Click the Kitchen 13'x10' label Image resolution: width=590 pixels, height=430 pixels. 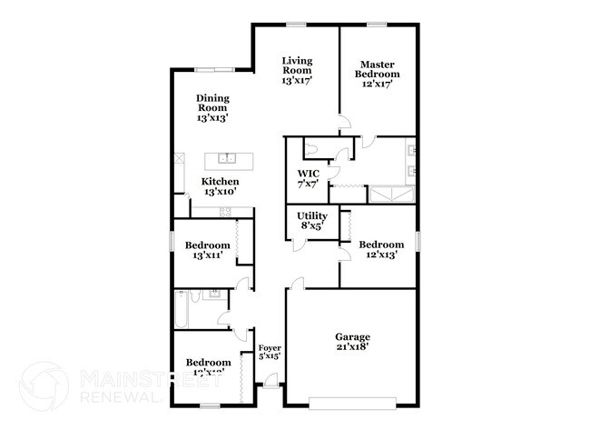click(221, 186)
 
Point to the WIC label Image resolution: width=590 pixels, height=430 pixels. click(308, 178)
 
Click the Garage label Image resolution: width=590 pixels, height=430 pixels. click(353, 340)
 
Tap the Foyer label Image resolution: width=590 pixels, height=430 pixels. click(269, 353)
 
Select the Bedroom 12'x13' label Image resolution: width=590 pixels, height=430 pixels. click(380, 250)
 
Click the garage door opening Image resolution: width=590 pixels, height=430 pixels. click(353, 402)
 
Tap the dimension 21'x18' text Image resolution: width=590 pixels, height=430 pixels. click(353, 346)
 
